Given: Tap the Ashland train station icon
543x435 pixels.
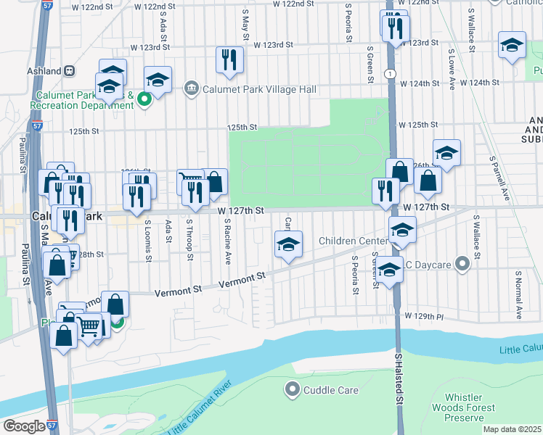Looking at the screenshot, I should click(70, 71).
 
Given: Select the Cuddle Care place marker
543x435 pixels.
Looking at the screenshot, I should click(293, 390).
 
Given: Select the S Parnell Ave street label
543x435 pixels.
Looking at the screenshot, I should click(499, 178).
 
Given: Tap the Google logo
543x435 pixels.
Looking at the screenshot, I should click(24, 426).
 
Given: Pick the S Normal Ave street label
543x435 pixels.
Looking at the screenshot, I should click(518, 295).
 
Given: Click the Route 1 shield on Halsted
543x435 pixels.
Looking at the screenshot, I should click(391, 74).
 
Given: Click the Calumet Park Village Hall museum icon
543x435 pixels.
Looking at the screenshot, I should click(191, 89).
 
